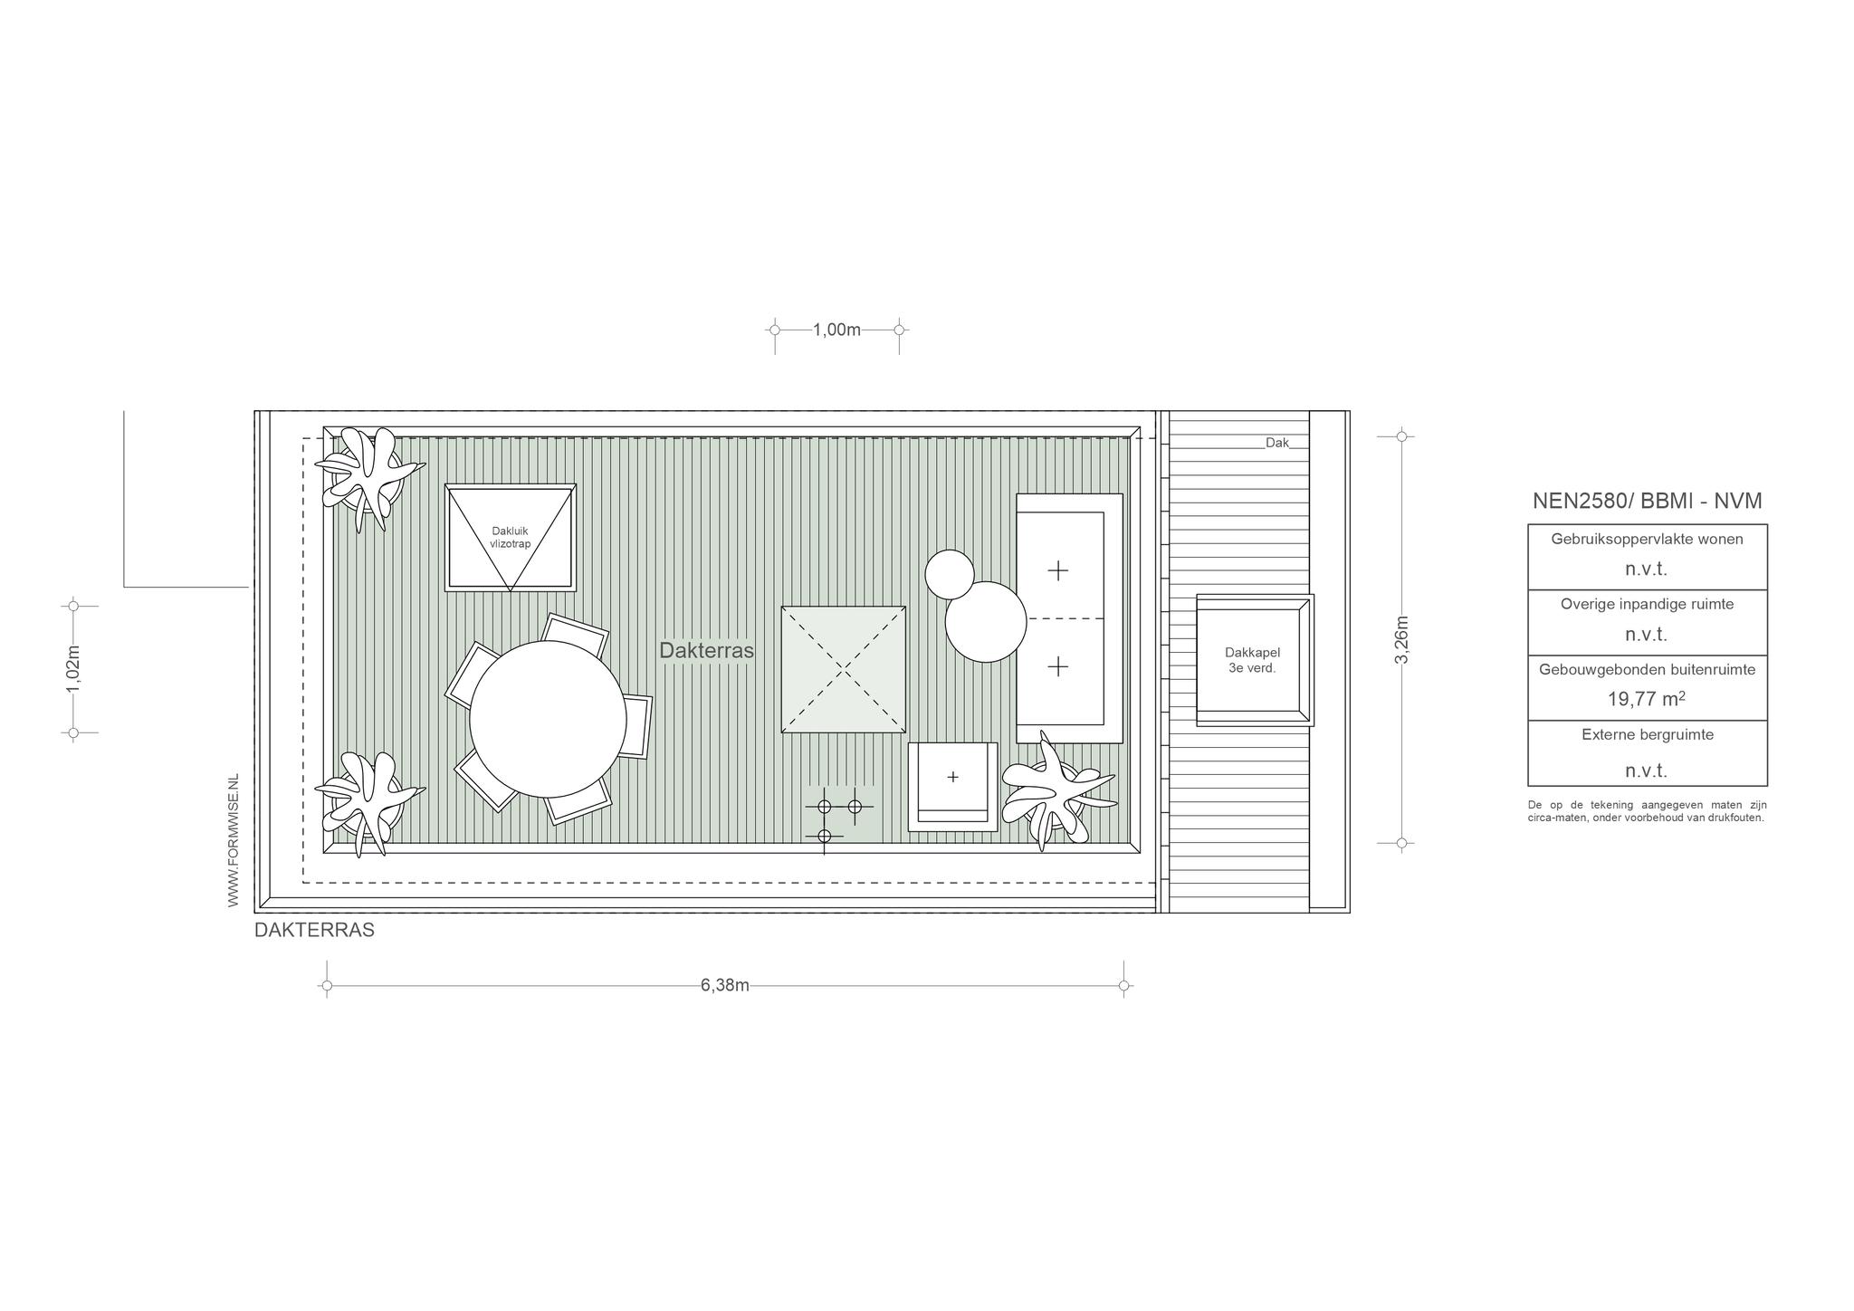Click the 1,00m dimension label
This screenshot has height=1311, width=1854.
tap(836, 330)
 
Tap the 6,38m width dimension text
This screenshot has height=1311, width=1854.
tap(725, 985)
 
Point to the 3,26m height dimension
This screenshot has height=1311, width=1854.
tap(1401, 639)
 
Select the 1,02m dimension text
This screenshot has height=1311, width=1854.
tap(73, 669)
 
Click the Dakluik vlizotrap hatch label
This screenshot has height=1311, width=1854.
tap(511, 538)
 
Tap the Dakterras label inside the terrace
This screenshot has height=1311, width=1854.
tap(706, 650)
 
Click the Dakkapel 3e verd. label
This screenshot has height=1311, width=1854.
tap(1253, 660)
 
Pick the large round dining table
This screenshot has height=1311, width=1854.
tap(548, 719)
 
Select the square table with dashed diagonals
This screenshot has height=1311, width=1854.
tap(844, 670)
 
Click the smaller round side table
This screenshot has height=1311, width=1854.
tap(950, 574)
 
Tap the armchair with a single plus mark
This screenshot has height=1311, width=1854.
tap(952, 787)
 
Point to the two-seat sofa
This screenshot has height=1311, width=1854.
tap(1069, 618)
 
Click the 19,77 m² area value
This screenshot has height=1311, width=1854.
tap(1647, 699)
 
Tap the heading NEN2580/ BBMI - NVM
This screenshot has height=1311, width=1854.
tap(1648, 501)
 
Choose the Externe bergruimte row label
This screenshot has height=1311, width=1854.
tap(1648, 735)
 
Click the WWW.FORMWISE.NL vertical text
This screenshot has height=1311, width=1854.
tap(233, 841)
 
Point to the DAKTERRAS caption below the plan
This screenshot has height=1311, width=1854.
tap(314, 930)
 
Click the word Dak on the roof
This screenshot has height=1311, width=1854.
tap(1277, 443)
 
